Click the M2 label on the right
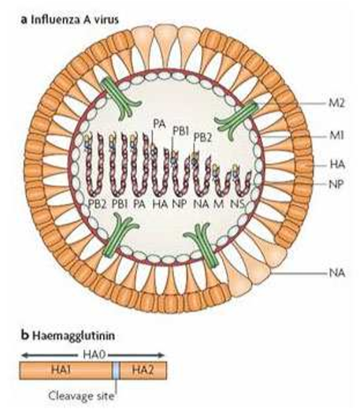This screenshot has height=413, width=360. tap(336, 103)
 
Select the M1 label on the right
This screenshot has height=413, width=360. tap(336, 136)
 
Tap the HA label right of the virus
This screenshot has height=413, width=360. tap(337, 165)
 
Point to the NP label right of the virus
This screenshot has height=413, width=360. tap(336, 184)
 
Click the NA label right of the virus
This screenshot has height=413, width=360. tap(337, 273)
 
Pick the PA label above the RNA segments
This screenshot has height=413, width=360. tap(159, 124)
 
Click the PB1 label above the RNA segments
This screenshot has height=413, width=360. tap(181, 131)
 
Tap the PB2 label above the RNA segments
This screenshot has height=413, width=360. tap(202, 138)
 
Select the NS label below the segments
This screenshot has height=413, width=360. tap(238, 204)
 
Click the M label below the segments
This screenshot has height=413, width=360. tap(219, 204)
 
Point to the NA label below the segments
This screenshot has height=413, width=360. tap(202, 204)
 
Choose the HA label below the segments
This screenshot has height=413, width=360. tap(160, 204)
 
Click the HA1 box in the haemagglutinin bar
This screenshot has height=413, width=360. tap(66, 370)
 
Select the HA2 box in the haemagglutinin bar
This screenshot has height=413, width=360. tap(143, 370)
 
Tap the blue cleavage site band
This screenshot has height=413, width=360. tap(117, 370)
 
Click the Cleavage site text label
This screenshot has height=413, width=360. tap(81, 396)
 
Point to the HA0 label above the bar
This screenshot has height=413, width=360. tap(94, 355)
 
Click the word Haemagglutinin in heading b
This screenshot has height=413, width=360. tap(73, 337)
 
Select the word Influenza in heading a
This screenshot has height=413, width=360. tap(53, 20)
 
